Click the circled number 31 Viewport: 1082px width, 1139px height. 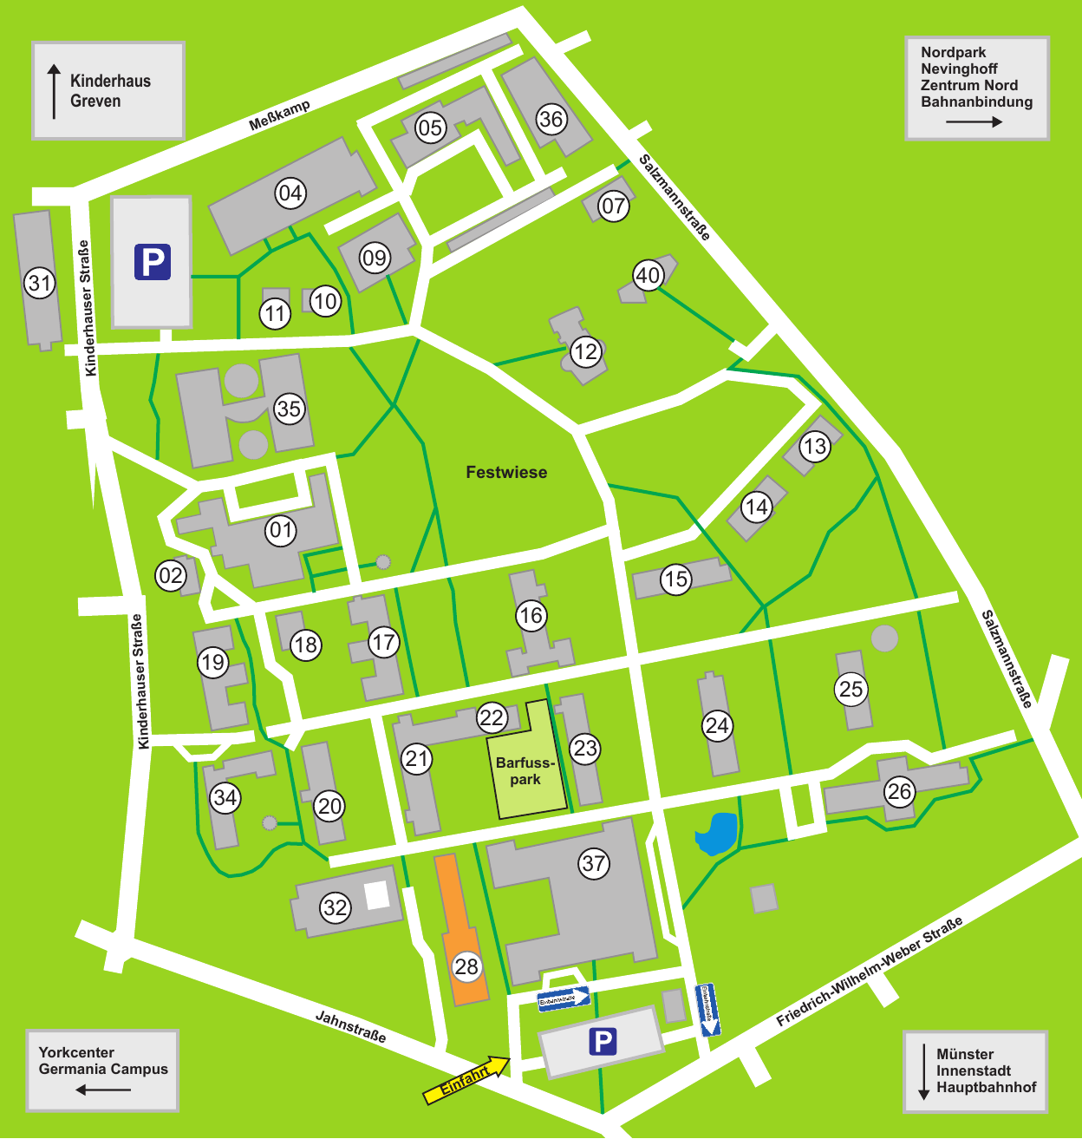39,283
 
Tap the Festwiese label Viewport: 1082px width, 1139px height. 506,473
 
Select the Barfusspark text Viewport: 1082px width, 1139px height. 525,771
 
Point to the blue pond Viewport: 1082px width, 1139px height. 716,834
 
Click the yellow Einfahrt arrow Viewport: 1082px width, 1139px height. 466,1080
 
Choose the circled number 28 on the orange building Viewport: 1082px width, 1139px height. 466,966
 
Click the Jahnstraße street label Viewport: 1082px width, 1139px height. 350,1026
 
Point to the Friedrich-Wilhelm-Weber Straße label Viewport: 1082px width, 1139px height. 869,972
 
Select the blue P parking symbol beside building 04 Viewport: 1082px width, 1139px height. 153,262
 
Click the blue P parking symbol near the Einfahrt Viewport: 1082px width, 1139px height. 603,1041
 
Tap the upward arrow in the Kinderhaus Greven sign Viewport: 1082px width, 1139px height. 55,91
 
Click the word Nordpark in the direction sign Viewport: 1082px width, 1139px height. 953,53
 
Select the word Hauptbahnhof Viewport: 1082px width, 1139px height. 986,1087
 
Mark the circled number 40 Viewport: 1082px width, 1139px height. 648,276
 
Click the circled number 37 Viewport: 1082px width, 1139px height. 594,863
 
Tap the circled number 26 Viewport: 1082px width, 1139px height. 899,791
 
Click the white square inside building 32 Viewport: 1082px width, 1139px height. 377,894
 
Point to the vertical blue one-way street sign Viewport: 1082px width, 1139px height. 708,1010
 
